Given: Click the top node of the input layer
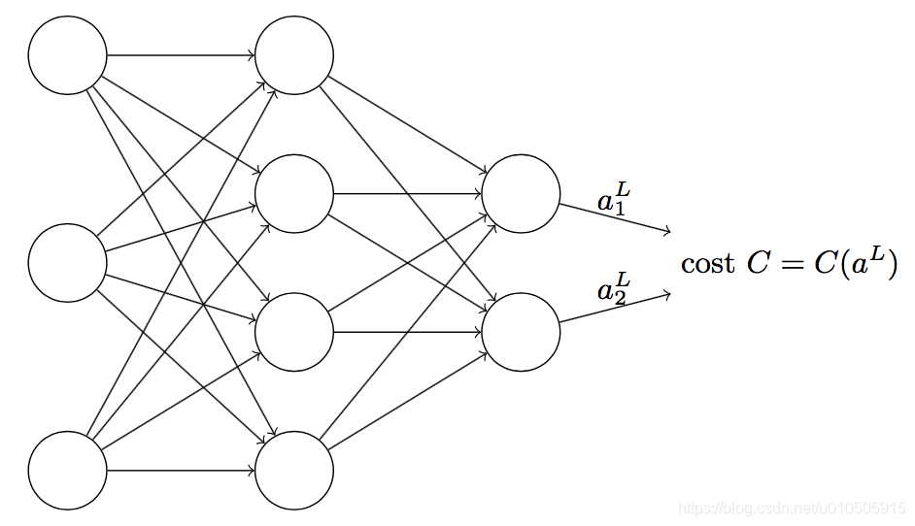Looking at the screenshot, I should point(67,55).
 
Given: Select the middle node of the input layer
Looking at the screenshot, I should point(67,262).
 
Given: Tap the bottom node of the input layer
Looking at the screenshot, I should point(67,471).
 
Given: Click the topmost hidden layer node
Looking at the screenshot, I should point(294,55).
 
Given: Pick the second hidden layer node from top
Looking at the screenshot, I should point(294,193).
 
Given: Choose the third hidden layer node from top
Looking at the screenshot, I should point(294,332).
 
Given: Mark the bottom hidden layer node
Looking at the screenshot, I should point(294,471).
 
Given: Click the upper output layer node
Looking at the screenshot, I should point(521,193).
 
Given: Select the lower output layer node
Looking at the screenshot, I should point(521,332).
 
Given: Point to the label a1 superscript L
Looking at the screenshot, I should point(614,200).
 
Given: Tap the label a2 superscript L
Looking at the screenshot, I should point(614,290).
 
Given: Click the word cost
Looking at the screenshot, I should point(707,264).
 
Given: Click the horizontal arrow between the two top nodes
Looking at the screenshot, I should point(181,55).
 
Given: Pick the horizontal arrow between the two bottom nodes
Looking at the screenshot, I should point(181,471).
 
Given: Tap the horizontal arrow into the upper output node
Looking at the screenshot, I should point(408,193).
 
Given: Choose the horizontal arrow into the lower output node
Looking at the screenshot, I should point(408,332).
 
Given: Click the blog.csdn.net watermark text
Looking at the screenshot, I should point(792,509).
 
